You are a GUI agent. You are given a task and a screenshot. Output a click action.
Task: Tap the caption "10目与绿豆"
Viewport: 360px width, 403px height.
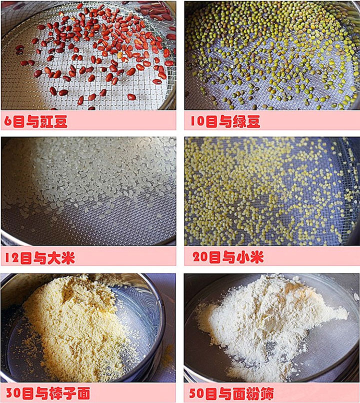coord(225,121)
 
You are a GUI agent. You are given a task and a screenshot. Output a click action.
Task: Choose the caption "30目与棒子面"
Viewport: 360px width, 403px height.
coord(47,393)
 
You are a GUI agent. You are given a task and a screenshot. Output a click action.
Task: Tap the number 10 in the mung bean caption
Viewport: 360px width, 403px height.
coord(196,121)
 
